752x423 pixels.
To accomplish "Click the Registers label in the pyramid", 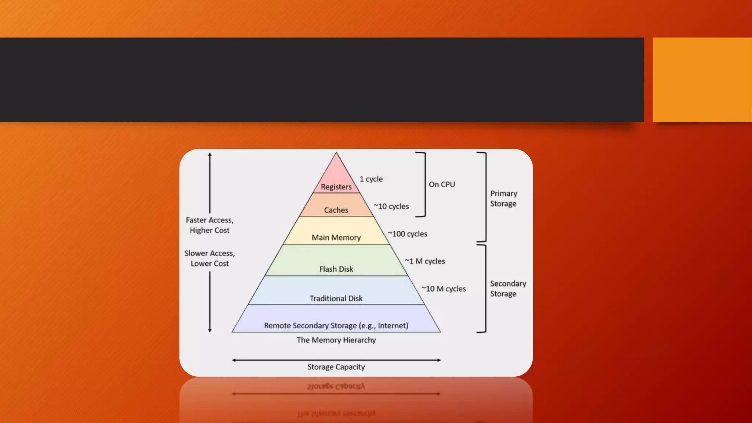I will [336, 187].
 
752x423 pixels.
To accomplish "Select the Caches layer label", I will [336, 210].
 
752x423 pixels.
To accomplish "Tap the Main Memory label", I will [336, 238].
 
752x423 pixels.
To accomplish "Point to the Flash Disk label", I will [336, 269].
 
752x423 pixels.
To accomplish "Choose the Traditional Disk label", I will [336, 299].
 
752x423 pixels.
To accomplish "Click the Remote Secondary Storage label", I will [336, 326].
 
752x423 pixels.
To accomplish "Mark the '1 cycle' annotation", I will [371, 179].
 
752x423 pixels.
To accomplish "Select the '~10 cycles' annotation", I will [391, 206].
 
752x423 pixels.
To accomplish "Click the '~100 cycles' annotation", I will [408, 234].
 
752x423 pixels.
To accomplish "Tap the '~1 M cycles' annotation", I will [425, 261].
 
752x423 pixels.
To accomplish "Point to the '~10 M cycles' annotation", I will [444, 289].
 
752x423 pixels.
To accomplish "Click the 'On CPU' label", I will [442, 184].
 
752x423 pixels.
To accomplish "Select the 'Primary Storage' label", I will [503, 199].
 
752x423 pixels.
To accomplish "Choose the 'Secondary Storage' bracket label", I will [508, 289].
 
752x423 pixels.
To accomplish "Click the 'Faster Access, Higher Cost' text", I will [210, 225].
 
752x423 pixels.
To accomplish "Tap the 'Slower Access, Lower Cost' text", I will [210, 258].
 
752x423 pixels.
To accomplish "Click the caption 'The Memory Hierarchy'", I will [336, 340].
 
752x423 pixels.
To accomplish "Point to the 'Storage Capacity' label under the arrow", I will [336, 367].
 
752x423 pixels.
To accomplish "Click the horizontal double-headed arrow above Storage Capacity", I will [336, 360].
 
